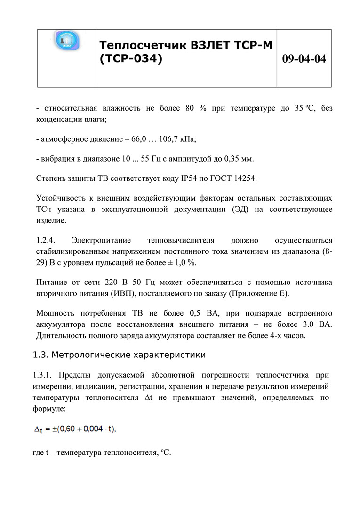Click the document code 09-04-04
tap(304, 59)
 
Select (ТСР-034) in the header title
tap(131, 59)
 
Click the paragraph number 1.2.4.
tap(46, 240)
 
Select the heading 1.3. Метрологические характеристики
tap(119, 355)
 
